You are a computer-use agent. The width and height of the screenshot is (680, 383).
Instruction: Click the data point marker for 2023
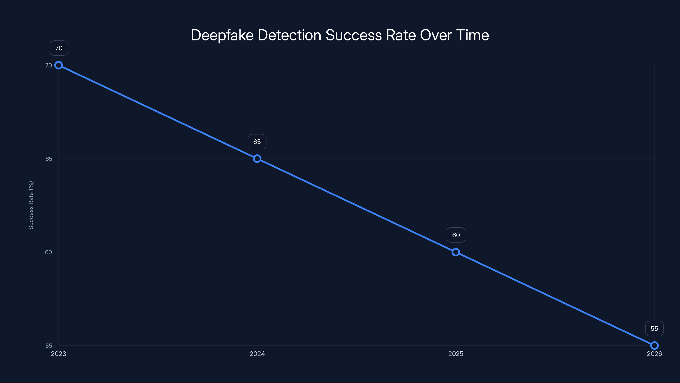click(59, 65)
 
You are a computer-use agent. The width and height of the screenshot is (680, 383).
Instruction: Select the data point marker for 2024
click(257, 159)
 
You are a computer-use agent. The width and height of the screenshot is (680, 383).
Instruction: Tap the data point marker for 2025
click(456, 252)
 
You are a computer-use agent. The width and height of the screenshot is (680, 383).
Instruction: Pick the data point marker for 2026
click(654, 346)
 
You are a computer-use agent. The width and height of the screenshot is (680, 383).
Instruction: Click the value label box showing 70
click(59, 48)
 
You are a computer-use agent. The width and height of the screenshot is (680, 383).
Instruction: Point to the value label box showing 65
click(257, 142)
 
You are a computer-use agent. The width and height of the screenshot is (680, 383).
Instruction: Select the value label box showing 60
click(456, 235)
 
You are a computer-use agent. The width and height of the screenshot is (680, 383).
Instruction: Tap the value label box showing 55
click(654, 329)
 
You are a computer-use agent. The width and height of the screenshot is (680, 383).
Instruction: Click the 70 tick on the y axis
click(49, 65)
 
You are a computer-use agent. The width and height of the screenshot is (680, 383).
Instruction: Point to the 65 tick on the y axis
click(49, 159)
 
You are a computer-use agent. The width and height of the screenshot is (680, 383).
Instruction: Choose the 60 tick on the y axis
click(49, 252)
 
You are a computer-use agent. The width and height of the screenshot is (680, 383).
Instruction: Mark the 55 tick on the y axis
click(49, 346)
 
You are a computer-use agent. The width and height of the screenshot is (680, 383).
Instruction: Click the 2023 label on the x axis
click(59, 354)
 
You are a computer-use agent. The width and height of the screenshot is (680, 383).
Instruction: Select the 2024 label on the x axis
click(257, 354)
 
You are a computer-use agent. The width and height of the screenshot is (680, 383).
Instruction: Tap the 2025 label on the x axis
click(456, 354)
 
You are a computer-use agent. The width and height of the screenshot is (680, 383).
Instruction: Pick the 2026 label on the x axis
click(654, 354)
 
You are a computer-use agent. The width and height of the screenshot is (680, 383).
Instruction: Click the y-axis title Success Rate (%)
click(31, 205)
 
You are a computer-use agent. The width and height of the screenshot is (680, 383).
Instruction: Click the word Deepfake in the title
click(222, 35)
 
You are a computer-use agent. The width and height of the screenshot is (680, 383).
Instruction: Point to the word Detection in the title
click(289, 35)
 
